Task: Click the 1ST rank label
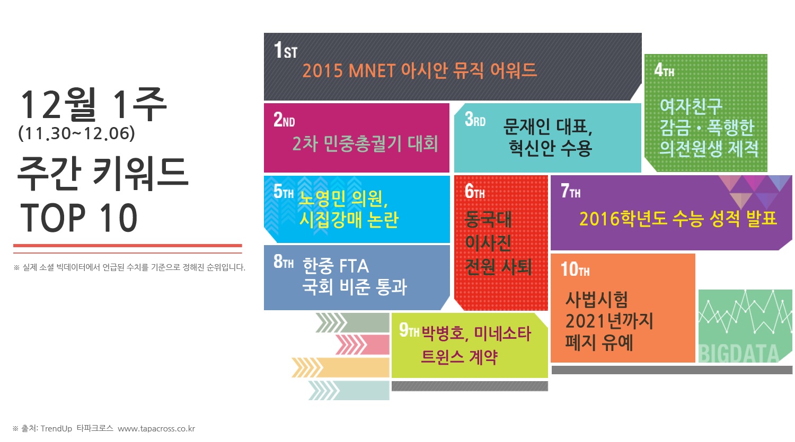pyautogui.click(x=286, y=50)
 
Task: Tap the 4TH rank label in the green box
pyautogui.click(x=664, y=70)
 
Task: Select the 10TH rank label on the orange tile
pyautogui.click(x=575, y=269)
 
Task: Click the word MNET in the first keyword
pyautogui.click(x=372, y=70)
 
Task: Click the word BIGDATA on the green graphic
pyautogui.click(x=739, y=354)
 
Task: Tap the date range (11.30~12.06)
pyautogui.click(x=77, y=133)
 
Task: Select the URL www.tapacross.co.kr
pyautogui.click(x=156, y=429)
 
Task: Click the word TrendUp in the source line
pyautogui.click(x=56, y=429)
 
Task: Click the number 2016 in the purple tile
pyautogui.click(x=599, y=219)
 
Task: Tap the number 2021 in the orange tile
pyautogui.click(x=586, y=321)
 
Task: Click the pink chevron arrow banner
pyautogui.click(x=363, y=344)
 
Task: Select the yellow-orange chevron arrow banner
pyautogui.click(x=340, y=367)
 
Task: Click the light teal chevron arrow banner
pyautogui.click(x=349, y=390)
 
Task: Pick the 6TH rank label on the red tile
pyautogui.click(x=474, y=192)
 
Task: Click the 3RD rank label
pyautogui.click(x=475, y=119)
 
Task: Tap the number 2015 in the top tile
pyautogui.click(x=322, y=70)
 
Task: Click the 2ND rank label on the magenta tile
pyautogui.click(x=284, y=120)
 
